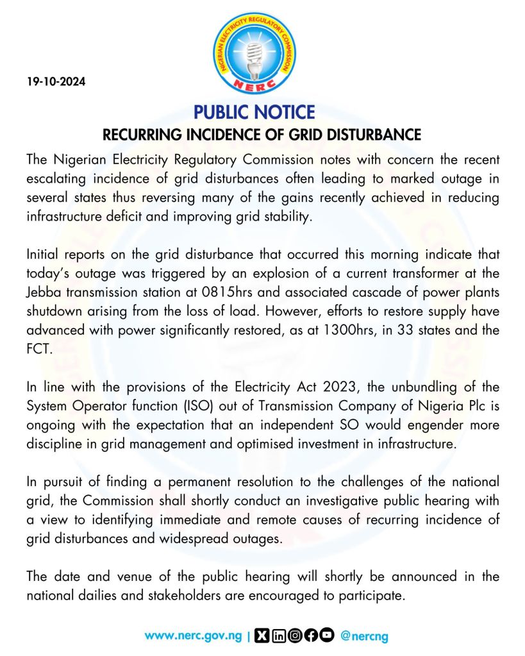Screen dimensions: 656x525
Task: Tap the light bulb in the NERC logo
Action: coord(254,54)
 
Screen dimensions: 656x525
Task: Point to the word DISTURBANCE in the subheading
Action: coord(371,135)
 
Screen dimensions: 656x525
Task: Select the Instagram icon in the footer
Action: coord(295,636)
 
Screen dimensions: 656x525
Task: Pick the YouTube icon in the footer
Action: coord(327,636)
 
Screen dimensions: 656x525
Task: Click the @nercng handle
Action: coord(364,636)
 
